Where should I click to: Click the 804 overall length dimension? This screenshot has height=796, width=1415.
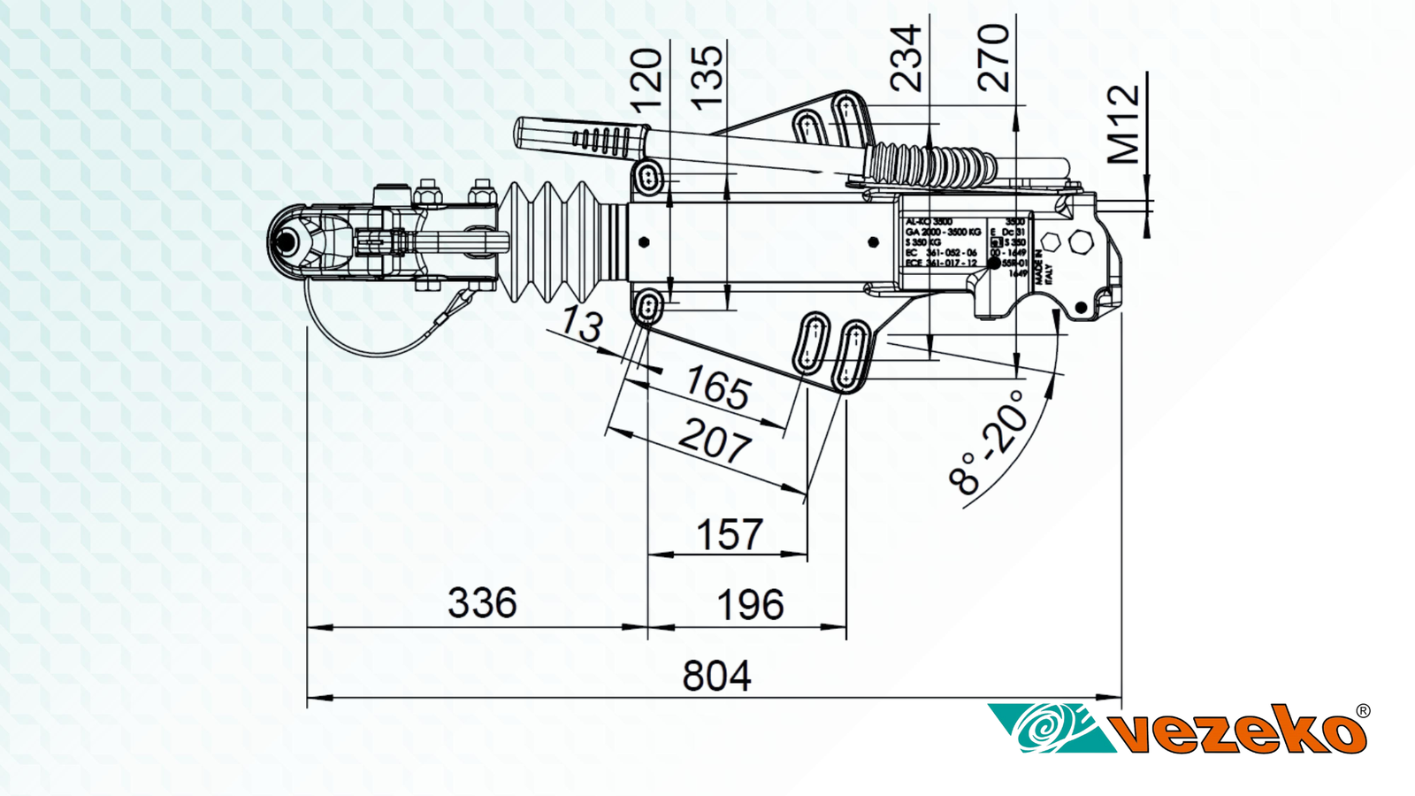pyautogui.click(x=716, y=677)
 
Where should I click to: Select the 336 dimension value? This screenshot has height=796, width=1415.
pyautogui.click(x=482, y=604)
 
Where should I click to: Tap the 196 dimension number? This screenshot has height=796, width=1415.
pyautogui.click(x=750, y=606)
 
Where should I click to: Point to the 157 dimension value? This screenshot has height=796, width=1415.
pyautogui.click(x=729, y=535)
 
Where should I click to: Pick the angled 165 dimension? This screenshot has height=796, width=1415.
pyautogui.click(x=718, y=387)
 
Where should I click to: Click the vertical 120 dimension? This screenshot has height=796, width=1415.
pyautogui.click(x=647, y=78)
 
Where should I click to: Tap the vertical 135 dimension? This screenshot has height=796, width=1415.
pyautogui.click(x=707, y=78)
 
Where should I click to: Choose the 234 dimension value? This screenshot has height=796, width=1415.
pyautogui.click(x=906, y=58)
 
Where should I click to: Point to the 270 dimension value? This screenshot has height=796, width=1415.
pyautogui.click(x=994, y=58)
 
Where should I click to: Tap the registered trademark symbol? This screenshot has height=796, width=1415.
pyautogui.click(x=1363, y=710)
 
